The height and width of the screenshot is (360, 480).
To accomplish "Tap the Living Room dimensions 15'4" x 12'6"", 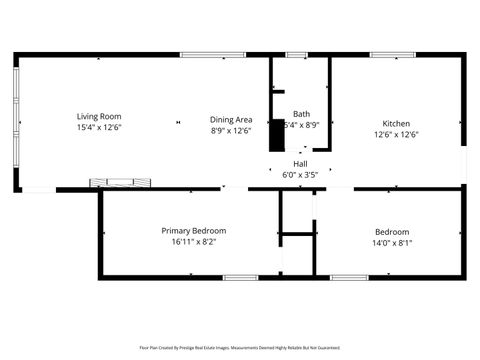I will pos(97,128).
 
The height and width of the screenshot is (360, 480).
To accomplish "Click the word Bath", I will pos(301,114).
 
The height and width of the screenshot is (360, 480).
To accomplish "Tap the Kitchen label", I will pos(396,123).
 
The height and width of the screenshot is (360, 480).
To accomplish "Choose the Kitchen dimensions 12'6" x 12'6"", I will pos(396,134).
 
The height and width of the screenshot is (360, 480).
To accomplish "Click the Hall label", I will pos(300,163).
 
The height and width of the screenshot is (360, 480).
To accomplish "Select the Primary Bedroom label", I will pos(194,230).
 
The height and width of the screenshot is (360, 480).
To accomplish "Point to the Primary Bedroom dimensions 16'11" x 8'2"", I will pos(194,241).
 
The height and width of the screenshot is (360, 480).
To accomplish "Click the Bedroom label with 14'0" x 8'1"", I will pos(391,231).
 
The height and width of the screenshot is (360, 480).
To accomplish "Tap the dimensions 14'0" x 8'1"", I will pos(391,242).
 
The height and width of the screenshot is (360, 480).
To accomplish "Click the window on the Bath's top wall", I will pos(295,56).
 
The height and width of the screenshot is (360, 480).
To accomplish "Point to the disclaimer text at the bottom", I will pos(240,348).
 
